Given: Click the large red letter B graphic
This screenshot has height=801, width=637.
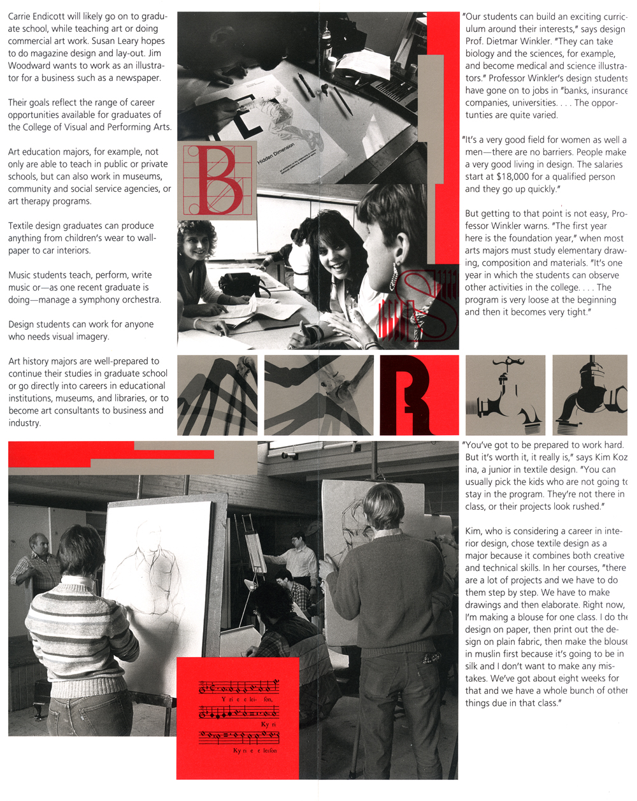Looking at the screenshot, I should [217, 180].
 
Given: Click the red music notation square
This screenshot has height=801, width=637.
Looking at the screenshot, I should [238, 718].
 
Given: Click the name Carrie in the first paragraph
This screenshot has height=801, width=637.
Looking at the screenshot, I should [22, 16].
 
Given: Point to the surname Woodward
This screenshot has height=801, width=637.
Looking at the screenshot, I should [31, 66].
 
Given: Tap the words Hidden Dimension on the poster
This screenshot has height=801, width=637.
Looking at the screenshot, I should [276, 155].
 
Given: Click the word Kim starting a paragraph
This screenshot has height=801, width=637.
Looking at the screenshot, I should [473, 531].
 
